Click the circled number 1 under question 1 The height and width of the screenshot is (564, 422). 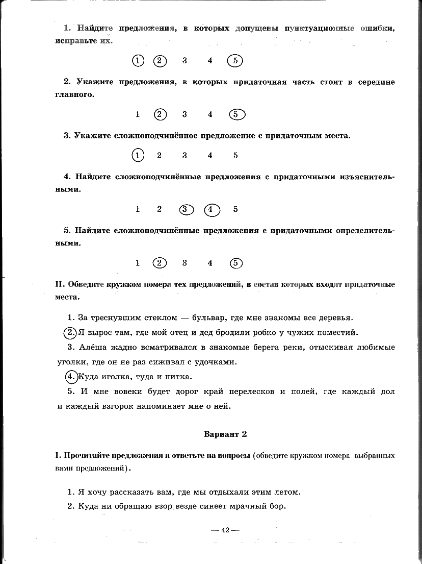tap(138, 61)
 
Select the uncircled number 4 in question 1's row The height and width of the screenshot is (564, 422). tap(210, 61)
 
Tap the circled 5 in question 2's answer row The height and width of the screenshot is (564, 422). tap(236, 114)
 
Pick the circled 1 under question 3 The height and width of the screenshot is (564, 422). tap(138, 155)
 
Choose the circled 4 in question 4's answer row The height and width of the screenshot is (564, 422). tap(212, 209)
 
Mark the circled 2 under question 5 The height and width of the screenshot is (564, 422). tap(160, 263)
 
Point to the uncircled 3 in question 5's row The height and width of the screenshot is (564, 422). tap(184, 263)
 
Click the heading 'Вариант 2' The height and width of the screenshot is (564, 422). tap(225, 434)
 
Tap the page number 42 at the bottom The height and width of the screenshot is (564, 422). tap(225, 530)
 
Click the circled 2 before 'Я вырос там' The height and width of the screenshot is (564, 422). tap(70, 333)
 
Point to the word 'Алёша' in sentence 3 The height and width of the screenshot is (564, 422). tap(91, 348)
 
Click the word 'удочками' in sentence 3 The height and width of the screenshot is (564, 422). tap(220, 362)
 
